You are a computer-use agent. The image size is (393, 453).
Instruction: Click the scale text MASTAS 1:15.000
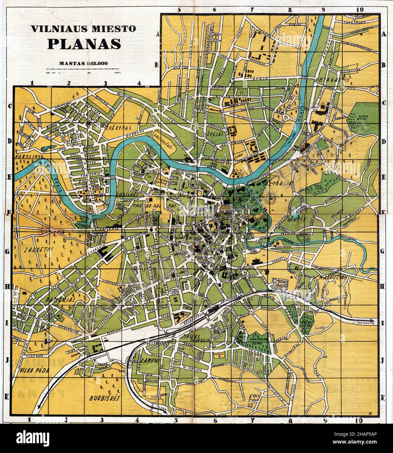84,64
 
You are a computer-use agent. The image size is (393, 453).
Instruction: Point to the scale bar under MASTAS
83,69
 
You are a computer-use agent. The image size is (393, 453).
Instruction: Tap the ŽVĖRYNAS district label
118,128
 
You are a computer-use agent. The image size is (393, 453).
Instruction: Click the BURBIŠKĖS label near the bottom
105,398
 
